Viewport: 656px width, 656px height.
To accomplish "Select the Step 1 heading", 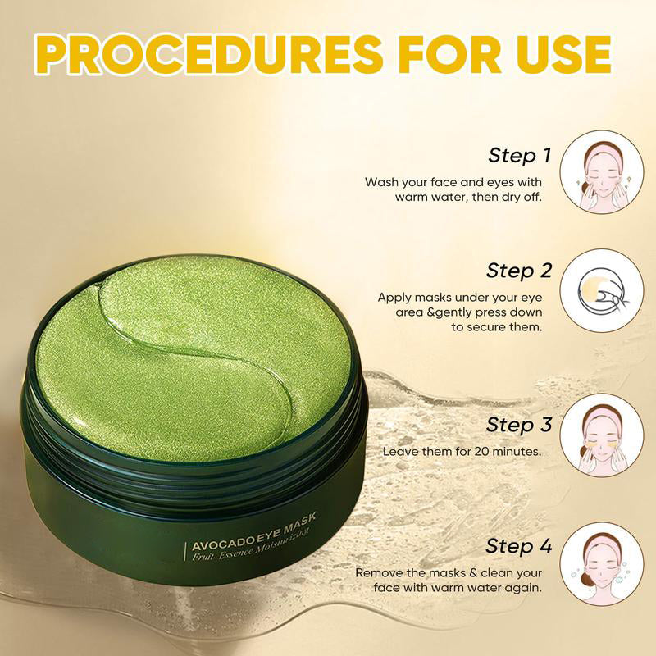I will pos(520,155).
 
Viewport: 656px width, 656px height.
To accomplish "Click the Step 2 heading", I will pos(518,270).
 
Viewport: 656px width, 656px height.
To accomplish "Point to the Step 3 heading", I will pos(518,425).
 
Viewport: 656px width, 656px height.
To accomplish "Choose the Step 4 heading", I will pos(518,545).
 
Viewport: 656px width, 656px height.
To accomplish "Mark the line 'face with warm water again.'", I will pos(458,587).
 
